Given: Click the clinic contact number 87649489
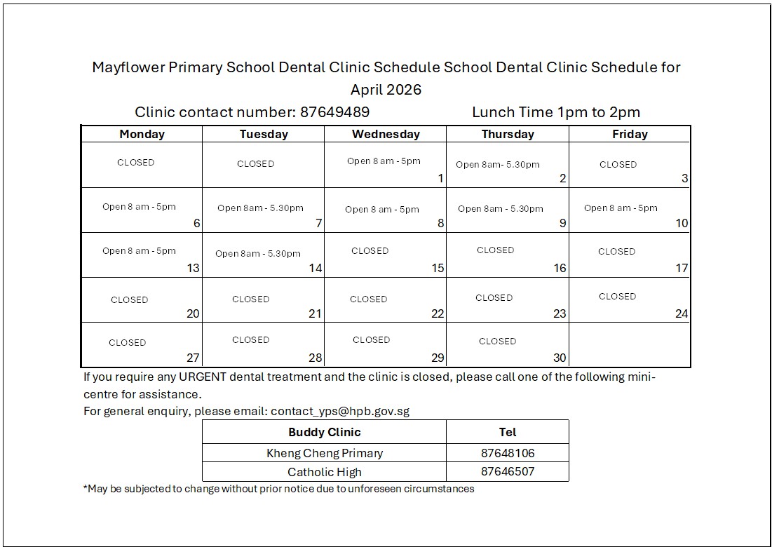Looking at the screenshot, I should click(334, 112).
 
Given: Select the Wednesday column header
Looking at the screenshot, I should click(386, 134).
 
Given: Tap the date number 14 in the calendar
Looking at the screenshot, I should click(316, 268).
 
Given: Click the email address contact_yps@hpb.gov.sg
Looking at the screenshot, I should click(340, 411).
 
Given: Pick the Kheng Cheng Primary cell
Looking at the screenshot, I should click(325, 453).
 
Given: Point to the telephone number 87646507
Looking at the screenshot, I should click(508, 471).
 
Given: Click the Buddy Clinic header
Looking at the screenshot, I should click(325, 432).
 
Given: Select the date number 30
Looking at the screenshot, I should click(559, 358).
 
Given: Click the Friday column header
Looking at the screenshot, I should click(630, 134).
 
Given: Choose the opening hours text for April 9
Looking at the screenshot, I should click(500, 208).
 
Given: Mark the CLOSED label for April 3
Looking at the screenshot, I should click(618, 164).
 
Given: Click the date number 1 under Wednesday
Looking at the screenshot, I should click(440, 178).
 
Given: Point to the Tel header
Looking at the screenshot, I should click(508, 432).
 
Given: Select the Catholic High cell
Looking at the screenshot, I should click(325, 471).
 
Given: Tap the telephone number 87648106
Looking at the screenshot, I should click(508, 453).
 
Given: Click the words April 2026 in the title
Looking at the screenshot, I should click(386, 90).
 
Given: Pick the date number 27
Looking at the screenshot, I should click(193, 358).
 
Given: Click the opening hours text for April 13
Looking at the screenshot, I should click(139, 250).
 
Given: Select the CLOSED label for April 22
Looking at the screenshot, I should click(368, 299).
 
